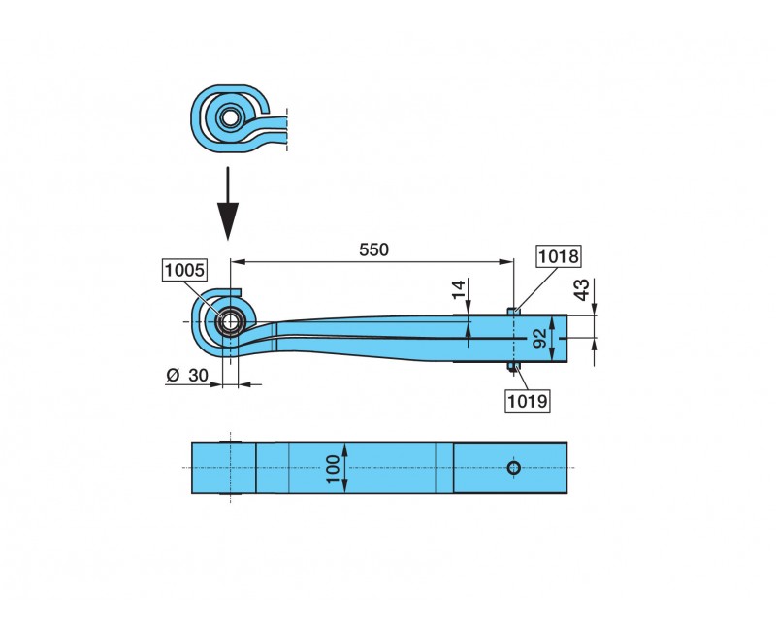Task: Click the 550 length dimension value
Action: click(373, 249)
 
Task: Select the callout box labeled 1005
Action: click(185, 271)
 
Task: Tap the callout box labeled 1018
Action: click(559, 257)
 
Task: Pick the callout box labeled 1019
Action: click(528, 398)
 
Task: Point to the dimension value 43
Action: click(581, 288)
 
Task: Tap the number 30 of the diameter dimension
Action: click(199, 375)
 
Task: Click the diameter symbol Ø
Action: click(172, 375)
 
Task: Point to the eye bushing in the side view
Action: click(230, 321)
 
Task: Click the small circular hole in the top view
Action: click(513, 468)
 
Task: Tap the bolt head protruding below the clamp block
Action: click(514, 368)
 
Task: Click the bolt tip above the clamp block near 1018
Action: click(514, 311)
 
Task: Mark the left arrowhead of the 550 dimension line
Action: click(237, 261)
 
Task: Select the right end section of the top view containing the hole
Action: click(510, 468)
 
